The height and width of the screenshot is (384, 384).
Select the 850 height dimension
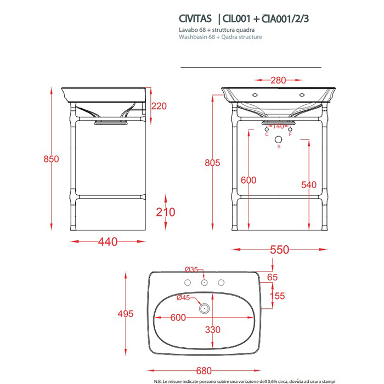pyautogui.click(x=52, y=159)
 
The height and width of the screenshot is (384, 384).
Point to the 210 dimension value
pyautogui.click(x=165, y=212)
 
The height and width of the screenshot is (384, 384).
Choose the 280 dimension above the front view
pyautogui.click(x=279, y=81)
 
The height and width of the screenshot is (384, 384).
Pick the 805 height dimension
pyautogui.click(x=213, y=162)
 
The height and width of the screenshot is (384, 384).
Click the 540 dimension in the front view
pyautogui.click(x=309, y=185)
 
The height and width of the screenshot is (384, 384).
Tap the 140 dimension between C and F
pyautogui.click(x=279, y=127)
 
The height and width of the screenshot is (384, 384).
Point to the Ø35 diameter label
pyautogui.click(x=191, y=269)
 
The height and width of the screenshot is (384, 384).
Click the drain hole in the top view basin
pyautogui.click(x=205, y=308)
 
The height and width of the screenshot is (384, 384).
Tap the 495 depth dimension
pyautogui.click(x=126, y=314)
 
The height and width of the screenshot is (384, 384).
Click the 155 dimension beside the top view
pyautogui.click(x=278, y=296)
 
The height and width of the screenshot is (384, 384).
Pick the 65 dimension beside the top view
pyautogui.click(x=272, y=278)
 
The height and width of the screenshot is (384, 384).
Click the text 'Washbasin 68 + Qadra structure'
pyautogui.click(x=221, y=37)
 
